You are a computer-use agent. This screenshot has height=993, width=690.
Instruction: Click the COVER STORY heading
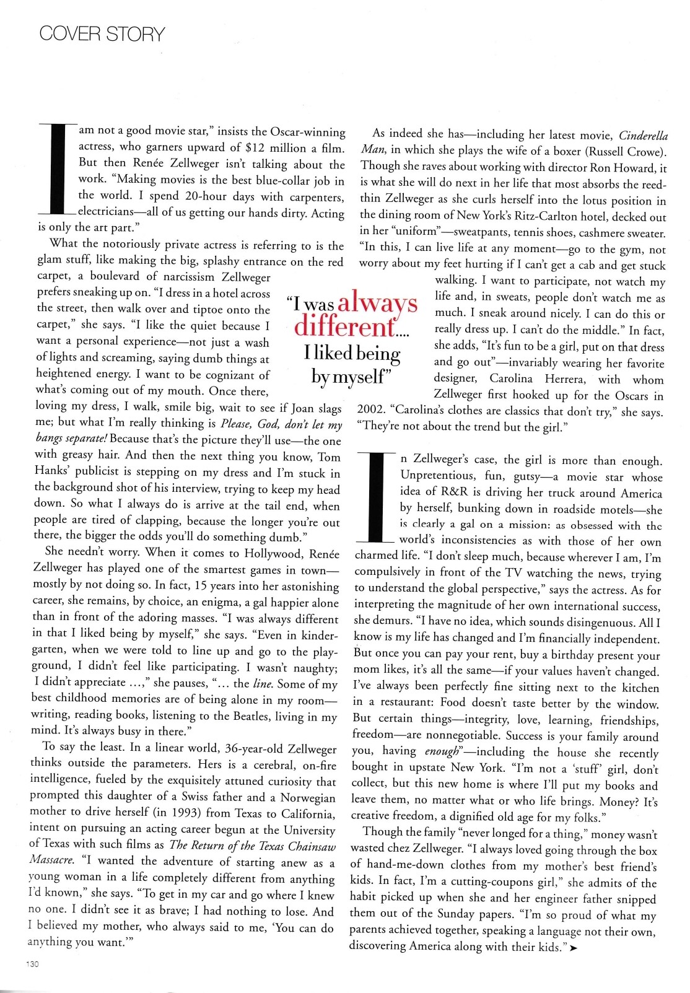(x=102, y=33)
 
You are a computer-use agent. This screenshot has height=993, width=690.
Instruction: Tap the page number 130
(x=32, y=964)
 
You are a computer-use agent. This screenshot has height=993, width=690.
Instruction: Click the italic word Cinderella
(x=643, y=136)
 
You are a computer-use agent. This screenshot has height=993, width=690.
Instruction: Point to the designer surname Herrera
(x=564, y=379)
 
